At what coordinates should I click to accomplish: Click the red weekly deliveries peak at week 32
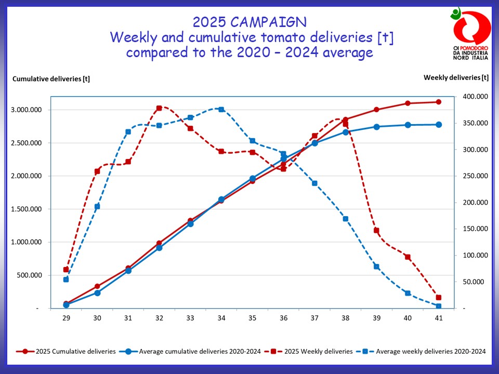coord(159,108)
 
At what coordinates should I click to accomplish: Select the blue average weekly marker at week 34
coord(221,110)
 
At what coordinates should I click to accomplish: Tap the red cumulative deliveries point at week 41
coord(439,102)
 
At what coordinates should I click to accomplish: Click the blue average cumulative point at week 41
coord(439,125)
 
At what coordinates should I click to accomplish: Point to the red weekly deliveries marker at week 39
coord(376,230)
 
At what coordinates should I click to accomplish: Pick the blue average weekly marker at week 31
coord(128,132)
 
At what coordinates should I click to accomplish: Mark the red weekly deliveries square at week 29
coord(66,270)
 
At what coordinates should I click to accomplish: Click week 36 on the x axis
coord(283,318)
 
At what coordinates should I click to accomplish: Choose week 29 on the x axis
coord(66,318)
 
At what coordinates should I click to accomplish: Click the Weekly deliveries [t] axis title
coord(456,77)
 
